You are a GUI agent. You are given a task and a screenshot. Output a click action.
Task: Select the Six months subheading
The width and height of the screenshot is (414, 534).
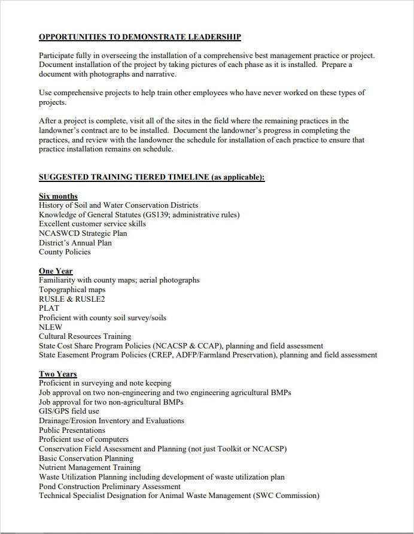tap(58, 196)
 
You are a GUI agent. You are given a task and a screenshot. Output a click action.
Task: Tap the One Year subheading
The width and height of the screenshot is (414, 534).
tap(56, 271)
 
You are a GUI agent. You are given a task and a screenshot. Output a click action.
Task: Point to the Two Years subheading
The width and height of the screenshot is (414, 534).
tap(58, 374)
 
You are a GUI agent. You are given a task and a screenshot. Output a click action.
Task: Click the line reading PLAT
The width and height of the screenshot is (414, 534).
tap(49, 308)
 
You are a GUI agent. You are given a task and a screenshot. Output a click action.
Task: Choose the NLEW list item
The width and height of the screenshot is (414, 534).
tap(50, 327)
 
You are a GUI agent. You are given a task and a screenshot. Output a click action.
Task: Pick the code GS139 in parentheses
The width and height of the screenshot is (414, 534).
tap(157, 215)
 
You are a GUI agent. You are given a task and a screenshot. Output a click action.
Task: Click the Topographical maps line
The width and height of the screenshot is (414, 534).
tap(72, 290)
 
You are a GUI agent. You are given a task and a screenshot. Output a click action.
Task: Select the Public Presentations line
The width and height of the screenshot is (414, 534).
tap(72, 430)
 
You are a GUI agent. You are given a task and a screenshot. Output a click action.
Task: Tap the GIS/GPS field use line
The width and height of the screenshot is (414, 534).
tap(69, 411)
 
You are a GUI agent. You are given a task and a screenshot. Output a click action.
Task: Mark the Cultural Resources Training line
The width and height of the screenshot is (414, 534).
tap(85, 336)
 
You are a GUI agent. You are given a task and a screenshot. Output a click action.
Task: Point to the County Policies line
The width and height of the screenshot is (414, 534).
tap(65, 252)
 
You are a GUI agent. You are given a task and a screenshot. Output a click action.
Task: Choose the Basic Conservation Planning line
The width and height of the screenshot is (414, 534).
tap(86, 458)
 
